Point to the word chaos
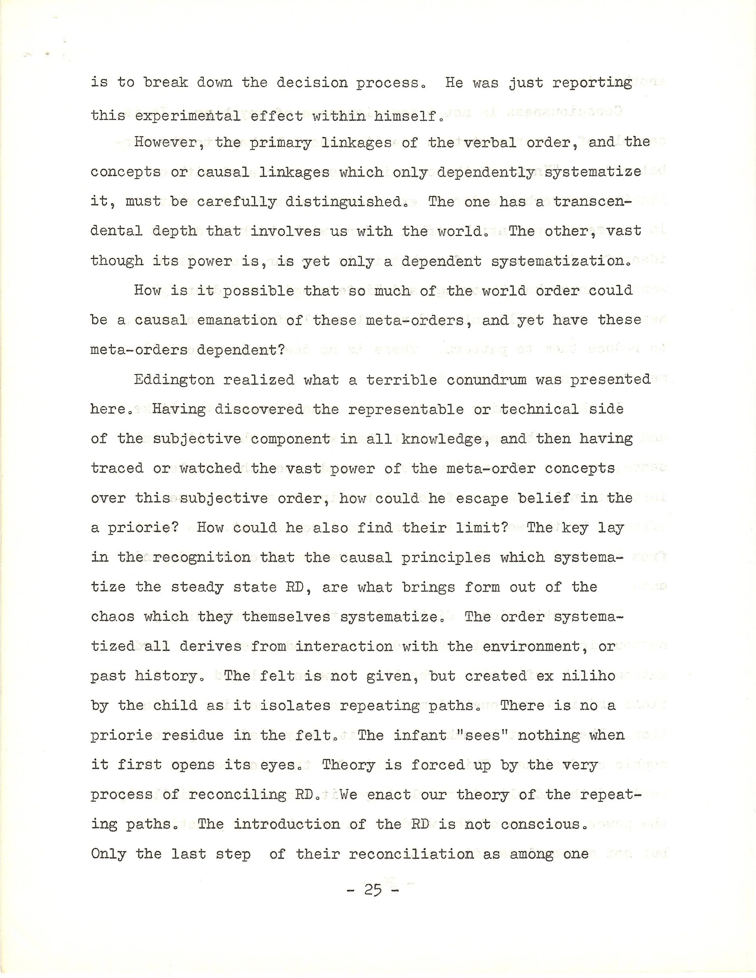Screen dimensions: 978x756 (x=112, y=617)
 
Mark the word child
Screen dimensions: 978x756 (x=175, y=706)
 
